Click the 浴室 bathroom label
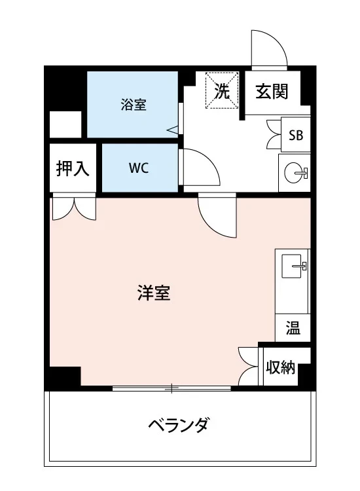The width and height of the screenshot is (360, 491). coord(133,105)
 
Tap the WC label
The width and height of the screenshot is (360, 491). coord(138,168)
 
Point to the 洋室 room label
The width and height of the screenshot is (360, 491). coord(154,293)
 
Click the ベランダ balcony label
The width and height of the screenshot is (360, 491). coord(178,426)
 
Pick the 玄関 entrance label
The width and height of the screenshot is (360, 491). coord(272,92)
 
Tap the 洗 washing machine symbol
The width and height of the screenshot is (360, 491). coord(222,92)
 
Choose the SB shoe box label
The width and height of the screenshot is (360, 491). coord(296,136)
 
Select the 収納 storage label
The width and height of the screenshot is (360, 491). coord(280,368)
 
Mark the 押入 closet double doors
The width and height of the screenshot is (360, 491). coord(73,208)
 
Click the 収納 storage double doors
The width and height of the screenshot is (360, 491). coord(249,367)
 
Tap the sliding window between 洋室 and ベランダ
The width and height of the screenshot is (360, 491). coord(171,389)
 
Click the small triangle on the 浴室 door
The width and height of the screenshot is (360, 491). coord(173,130)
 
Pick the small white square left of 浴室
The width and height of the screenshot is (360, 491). coord(65,124)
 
